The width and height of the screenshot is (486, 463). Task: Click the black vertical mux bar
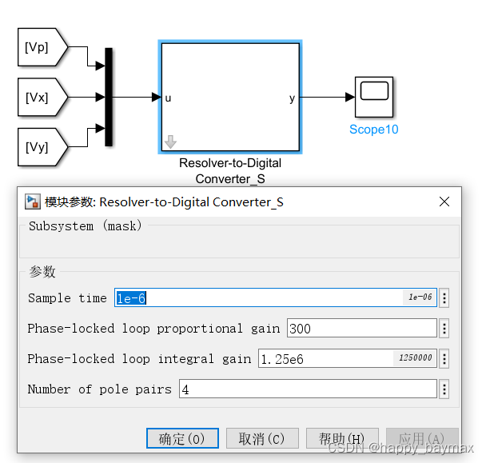(x=109, y=97)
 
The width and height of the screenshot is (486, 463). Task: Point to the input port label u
(x=169, y=98)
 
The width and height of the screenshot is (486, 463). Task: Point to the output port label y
(x=292, y=98)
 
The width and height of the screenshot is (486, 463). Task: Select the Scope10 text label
(x=373, y=130)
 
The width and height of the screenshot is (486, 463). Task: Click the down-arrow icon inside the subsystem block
(x=170, y=142)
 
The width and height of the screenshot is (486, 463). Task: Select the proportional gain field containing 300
(x=361, y=329)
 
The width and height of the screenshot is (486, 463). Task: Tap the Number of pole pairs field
(x=307, y=389)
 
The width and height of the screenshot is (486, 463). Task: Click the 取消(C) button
(x=261, y=438)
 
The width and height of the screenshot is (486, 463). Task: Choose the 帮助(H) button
(x=341, y=438)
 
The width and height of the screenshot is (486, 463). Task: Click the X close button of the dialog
(x=444, y=202)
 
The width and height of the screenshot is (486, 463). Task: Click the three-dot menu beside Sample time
(x=444, y=298)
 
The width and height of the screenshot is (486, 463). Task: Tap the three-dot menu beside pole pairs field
(x=444, y=389)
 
